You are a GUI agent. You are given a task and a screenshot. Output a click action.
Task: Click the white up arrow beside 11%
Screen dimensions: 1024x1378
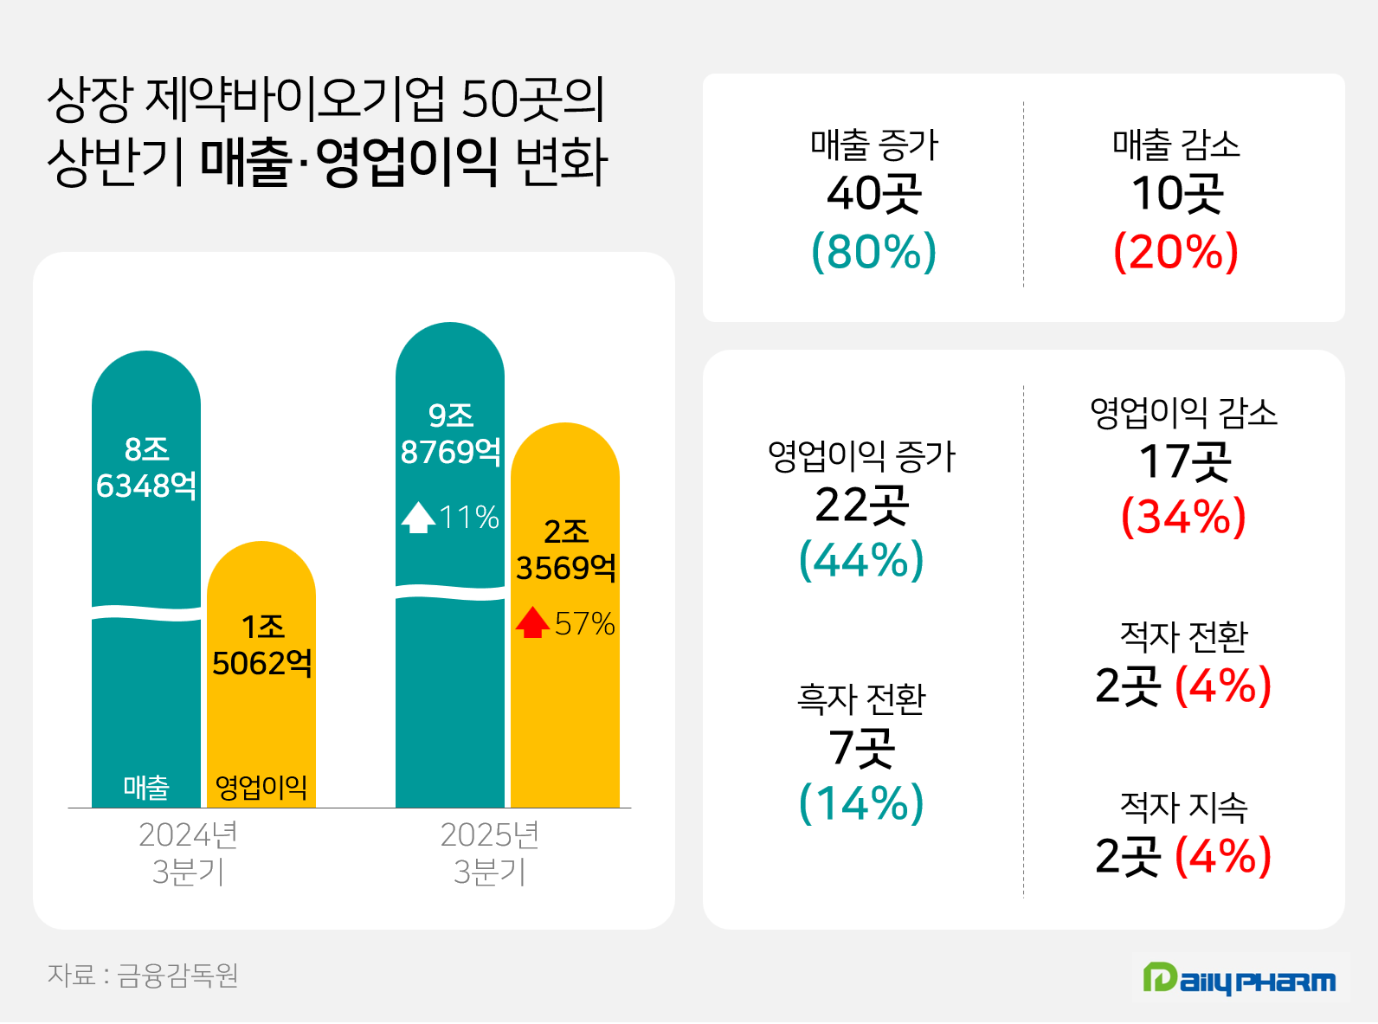click(418, 518)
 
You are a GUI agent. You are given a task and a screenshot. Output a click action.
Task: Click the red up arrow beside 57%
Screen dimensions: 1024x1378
click(532, 622)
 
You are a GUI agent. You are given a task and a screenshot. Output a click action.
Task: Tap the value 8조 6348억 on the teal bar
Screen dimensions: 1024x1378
click(146, 467)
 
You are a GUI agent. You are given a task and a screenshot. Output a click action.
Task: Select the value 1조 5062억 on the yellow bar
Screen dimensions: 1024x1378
click(262, 645)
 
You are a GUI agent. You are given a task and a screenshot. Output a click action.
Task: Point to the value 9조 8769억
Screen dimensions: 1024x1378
click(450, 434)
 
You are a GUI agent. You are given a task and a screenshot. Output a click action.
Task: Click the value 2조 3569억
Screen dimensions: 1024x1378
click(566, 550)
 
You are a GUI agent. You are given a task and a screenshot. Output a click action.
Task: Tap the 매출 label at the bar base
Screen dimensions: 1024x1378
click(146, 787)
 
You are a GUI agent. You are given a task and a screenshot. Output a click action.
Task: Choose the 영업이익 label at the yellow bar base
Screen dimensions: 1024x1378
click(261, 787)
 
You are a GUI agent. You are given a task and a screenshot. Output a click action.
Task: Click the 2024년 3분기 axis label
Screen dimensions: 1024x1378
click(188, 853)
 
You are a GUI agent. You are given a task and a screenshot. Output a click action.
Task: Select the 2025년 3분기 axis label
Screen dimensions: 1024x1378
click(490, 853)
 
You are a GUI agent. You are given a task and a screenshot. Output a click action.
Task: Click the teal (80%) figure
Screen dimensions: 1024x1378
click(874, 252)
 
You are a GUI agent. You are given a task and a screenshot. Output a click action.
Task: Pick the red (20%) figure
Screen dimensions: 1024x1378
click(1175, 252)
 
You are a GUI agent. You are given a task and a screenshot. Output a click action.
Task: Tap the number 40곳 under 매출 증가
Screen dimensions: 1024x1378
click(874, 194)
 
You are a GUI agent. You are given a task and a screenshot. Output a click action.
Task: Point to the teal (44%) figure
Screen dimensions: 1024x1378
click(861, 560)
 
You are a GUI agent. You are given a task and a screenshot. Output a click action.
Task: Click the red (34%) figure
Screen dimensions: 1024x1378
click(1183, 517)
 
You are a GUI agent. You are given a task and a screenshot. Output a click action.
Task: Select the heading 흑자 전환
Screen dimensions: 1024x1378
click(861, 699)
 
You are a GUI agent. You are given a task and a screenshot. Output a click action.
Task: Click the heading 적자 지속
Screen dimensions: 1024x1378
click(1183, 808)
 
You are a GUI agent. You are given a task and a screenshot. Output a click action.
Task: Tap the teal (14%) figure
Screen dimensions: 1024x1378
click(861, 803)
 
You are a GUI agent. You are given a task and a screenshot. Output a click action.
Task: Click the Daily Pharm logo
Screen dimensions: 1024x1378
click(1239, 979)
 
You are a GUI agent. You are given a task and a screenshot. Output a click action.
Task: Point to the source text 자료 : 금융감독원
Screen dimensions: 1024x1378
click(143, 976)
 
